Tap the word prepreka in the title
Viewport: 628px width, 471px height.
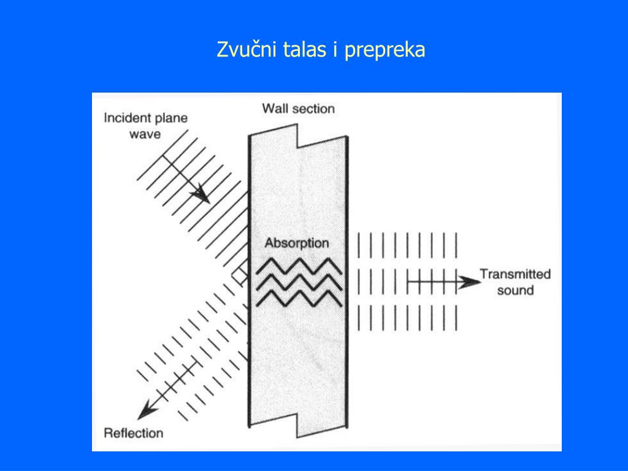[x=385, y=50]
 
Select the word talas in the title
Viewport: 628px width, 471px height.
[x=305, y=50]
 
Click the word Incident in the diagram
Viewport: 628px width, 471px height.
[x=126, y=118]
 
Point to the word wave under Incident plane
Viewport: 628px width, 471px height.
[x=145, y=133]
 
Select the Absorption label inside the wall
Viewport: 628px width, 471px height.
[x=297, y=243]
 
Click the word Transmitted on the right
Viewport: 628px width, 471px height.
[x=515, y=274]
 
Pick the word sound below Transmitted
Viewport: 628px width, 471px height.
[x=515, y=289]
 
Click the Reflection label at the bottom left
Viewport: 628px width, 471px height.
[x=134, y=433]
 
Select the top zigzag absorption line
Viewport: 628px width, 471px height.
[x=299, y=266]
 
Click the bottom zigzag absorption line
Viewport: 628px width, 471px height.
[x=299, y=298]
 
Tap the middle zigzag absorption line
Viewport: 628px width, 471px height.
[x=299, y=281]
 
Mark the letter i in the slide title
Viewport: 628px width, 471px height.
[x=335, y=50]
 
